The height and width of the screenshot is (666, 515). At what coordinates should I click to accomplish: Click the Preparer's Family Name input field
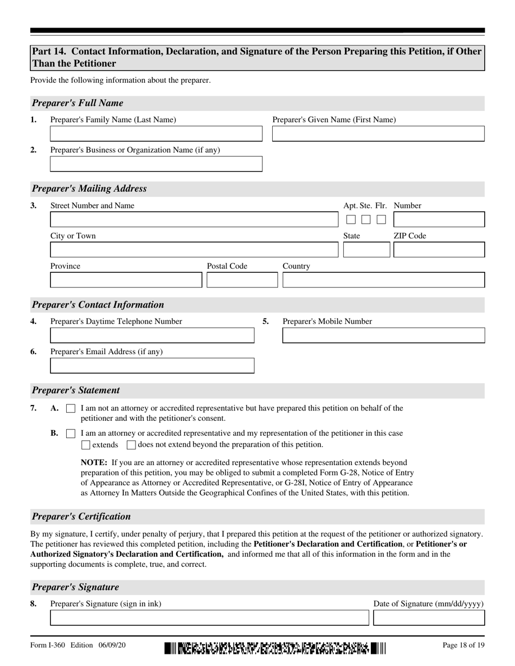click(156, 134)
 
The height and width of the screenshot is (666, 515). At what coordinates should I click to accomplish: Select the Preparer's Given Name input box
click(378, 134)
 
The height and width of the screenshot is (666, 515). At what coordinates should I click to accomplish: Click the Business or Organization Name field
click(156, 164)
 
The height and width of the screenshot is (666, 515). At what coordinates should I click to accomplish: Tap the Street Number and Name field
click(193, 219)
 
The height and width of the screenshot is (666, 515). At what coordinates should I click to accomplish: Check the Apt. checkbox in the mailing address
click(351, 219)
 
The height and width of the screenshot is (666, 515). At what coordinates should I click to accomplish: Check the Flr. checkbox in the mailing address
click(381, 219)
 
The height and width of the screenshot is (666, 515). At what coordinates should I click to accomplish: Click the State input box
click(366, 250)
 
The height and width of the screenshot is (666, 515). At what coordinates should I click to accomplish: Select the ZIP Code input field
click(439, 250)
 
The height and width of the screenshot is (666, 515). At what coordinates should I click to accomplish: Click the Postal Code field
click(242, 280)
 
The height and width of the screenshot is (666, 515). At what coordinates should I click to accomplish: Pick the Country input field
click(383, 280)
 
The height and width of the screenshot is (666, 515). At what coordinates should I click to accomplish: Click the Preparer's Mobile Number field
click(383, 335)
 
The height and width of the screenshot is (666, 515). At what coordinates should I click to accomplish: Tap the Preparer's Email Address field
click(152, 365)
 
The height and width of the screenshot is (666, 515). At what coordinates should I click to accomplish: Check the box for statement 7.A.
click(70, 409)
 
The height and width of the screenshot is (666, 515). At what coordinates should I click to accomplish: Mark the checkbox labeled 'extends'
click(86, 445)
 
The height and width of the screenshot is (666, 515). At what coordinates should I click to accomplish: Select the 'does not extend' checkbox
click(131, 445)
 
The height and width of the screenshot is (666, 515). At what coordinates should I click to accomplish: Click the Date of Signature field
click(429, 618)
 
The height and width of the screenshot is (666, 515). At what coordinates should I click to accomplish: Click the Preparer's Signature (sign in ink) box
click(209, 618)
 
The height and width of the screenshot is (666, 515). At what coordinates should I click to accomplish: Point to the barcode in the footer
click(275, 648)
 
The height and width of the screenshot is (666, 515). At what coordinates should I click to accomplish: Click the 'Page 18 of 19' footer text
click(463, 645)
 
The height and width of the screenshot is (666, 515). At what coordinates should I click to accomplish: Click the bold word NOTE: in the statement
click(94, 463)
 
